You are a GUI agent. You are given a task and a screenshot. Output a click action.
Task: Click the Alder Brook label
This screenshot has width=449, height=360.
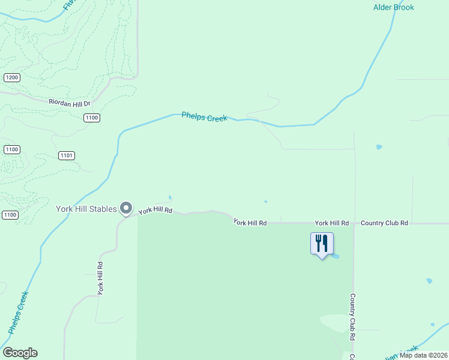click(394, 7)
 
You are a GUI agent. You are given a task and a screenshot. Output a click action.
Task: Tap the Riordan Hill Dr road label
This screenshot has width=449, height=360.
click(68, 104)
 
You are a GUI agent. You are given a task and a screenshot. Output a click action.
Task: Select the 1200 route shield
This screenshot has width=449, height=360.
click(11, 77)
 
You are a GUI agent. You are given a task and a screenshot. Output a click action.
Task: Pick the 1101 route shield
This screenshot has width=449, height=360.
click(67, 155)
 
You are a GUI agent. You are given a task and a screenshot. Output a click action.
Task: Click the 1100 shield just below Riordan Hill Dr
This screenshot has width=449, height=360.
click(91, 118)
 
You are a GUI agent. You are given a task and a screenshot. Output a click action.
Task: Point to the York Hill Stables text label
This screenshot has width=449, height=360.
click(86, 209)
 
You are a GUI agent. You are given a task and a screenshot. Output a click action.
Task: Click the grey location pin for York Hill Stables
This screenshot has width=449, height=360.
click(126, 208)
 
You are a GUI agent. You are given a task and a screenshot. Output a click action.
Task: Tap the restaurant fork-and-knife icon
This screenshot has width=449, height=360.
click(322, 243)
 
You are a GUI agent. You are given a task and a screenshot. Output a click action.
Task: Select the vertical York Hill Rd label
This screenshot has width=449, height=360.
click(101, 278)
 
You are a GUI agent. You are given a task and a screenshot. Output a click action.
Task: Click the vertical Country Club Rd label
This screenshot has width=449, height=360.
click(353, 317)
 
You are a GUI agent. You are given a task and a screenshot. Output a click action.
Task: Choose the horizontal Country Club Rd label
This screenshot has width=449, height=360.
click(384, 223)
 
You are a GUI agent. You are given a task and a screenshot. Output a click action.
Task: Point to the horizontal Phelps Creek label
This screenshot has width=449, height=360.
click(205, 118)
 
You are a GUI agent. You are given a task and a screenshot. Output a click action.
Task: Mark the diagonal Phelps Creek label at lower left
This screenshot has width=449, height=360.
click(19, 312)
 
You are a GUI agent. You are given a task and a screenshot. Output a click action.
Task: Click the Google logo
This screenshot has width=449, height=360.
click(20, 353)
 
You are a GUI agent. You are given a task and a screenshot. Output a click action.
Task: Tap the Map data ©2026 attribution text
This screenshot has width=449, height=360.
click(423, 355)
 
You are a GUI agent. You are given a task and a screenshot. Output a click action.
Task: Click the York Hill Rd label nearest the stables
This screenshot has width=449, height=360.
click(155, 211)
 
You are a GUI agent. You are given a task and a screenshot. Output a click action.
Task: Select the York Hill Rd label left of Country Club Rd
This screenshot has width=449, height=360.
click(331, 223)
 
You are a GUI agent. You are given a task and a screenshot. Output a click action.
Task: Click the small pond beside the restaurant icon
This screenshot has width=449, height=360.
click(336, 256)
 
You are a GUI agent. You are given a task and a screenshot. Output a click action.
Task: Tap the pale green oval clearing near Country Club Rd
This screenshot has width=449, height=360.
click(336, 322)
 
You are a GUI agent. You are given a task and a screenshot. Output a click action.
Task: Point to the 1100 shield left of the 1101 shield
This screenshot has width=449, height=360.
click(11, 149)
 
